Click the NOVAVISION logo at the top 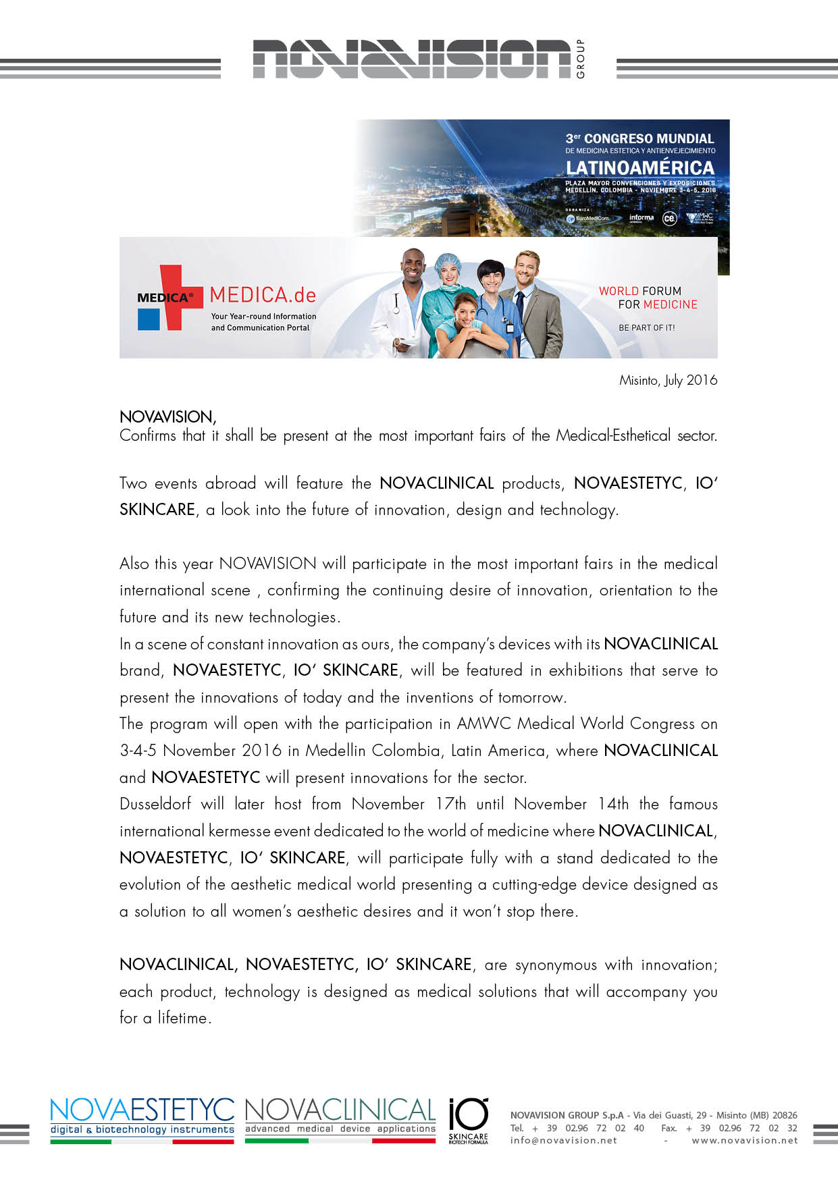(412, 59)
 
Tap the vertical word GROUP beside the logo (581, 59)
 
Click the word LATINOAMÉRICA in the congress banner (639, 167)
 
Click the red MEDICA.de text (263, 295)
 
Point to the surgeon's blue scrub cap (447, 261)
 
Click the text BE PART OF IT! (646, 327)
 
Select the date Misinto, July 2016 (668, 380)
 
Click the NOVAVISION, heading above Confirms (167, 416)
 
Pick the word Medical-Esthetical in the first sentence (613, 435)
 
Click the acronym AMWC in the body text (483, 724)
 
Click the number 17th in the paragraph (450, 804)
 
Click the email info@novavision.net (563, 1140)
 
